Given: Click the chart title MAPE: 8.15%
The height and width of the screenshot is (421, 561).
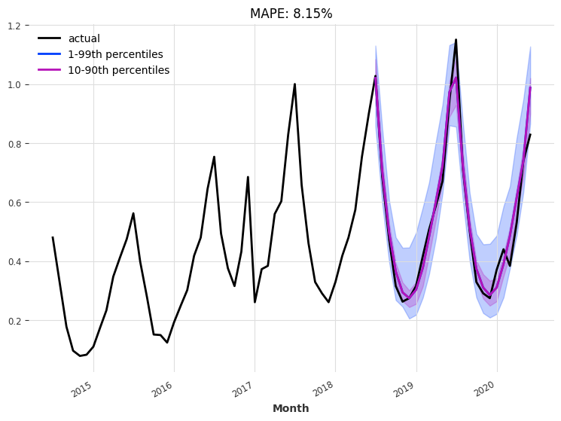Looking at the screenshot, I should pyautogui.click(x=291, y=14).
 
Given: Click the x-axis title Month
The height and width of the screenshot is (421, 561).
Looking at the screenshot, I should pyautogui.click(x=291, y=408).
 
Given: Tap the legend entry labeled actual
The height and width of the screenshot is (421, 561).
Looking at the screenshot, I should pyautogui.click(x=84, y=38).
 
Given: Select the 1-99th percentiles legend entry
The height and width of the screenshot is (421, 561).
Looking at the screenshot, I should pyautogui.click(x=115, y=54).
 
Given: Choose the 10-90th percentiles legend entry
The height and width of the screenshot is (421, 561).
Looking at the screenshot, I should pyautogui.click(x=118, y=70).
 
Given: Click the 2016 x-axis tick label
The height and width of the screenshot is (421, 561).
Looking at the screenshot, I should pyautogui.click(x=163, y=389).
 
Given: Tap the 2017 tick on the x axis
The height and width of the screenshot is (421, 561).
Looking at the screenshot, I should pyautogui.click(x=243, y=389).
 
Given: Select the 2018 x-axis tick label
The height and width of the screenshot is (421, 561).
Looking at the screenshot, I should pyautogui.click(x=324, y=389).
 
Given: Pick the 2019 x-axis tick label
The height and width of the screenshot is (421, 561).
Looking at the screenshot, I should pyautogui.click(x=404, y=389).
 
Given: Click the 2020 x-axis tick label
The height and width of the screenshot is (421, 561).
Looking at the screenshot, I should pyautogui.click(x=485, y=389).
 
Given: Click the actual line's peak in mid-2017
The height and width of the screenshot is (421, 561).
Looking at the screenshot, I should pyautogui.click(x=294, y=84).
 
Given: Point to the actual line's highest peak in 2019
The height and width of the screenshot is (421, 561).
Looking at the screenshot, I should pyautogui.click(x=456, y=40).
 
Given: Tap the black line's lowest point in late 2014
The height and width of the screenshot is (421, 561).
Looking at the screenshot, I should pyautogui.click(x=80, y=355).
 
